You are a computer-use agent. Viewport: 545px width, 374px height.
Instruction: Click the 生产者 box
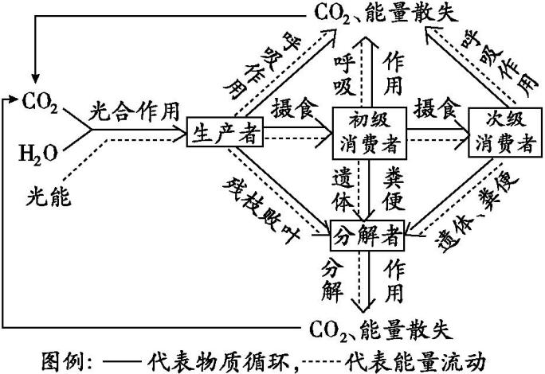tap(225, 133)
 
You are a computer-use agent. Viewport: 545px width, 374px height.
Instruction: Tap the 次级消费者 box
tap(504, 132)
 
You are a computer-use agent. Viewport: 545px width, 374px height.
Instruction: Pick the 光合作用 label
tap(135, 107)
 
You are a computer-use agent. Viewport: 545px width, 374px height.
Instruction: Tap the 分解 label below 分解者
tap(333, 279)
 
